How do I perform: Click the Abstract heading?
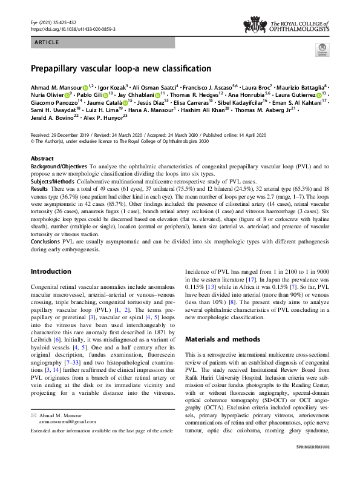(x=42, y=158)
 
